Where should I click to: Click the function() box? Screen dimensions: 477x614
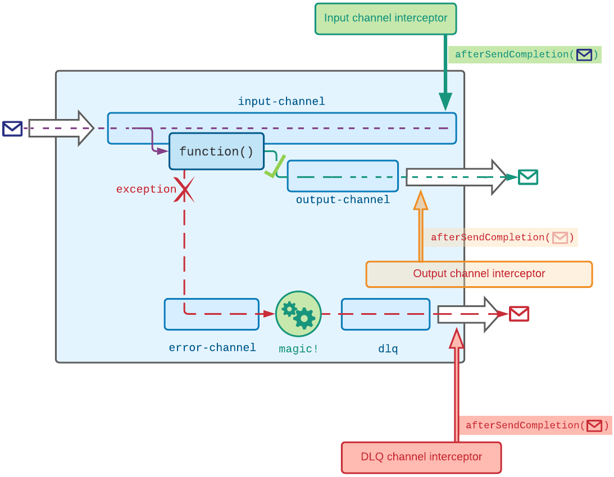[216, 152]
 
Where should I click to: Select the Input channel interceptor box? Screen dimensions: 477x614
[385, 19]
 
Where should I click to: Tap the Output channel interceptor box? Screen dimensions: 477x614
[479, 274]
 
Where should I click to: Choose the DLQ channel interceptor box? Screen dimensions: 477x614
[421, 457]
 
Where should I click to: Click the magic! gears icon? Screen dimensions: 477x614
[298, 314]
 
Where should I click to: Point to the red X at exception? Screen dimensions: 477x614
[184, 190]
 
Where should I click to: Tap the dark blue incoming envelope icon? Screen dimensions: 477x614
[12, 129]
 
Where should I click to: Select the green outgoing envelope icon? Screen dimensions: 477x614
[528, 177]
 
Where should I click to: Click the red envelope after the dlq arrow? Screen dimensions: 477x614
[519, 314]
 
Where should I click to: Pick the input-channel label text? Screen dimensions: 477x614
[281, 102]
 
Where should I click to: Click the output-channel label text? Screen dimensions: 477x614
[343, 200]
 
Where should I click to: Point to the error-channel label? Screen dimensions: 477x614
[212, 348]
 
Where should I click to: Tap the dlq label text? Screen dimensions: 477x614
[388, 349]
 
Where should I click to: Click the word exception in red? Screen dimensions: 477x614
[146, 190]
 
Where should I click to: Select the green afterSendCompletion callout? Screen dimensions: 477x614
[525, 55]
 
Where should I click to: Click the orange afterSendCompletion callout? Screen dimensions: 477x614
[500, 237]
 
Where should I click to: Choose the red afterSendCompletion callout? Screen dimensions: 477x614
[535, 425]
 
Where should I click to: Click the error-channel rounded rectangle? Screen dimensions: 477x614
[211, 314]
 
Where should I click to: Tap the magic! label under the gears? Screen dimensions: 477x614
[298, 349]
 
